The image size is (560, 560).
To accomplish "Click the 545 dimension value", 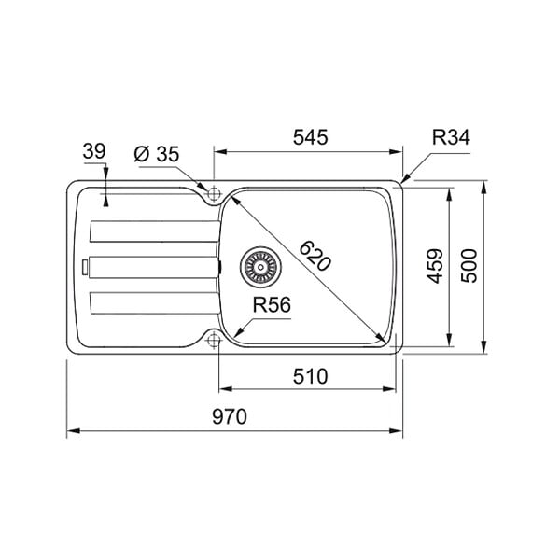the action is click(x=310, y=137).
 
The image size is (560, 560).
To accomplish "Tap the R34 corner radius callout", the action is click(x=451, y=137).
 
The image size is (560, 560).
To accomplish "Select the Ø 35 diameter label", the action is click(x=157, y=154).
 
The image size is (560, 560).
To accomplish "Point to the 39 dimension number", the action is click(x=94, y=151).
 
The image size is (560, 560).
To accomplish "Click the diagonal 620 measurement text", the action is click(x=315, y=256).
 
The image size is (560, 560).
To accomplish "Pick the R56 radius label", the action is click(x=272, y=305).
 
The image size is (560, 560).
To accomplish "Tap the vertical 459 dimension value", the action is click(x=435, y=266).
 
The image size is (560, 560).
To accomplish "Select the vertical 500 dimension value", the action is click(x=469, y=266).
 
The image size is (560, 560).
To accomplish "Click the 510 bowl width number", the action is click(x=310, y=376).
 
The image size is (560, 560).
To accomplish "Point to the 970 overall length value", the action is click(x=230, y=416).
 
